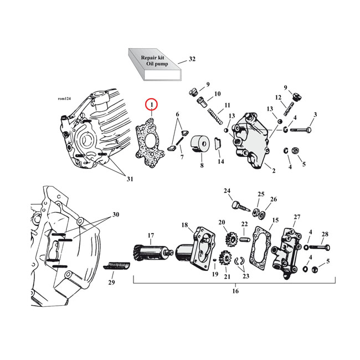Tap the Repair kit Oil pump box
(155, 62)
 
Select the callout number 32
(192, 59)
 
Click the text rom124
(65, 99)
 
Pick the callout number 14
(221, 162)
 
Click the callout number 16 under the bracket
(234, 291)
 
